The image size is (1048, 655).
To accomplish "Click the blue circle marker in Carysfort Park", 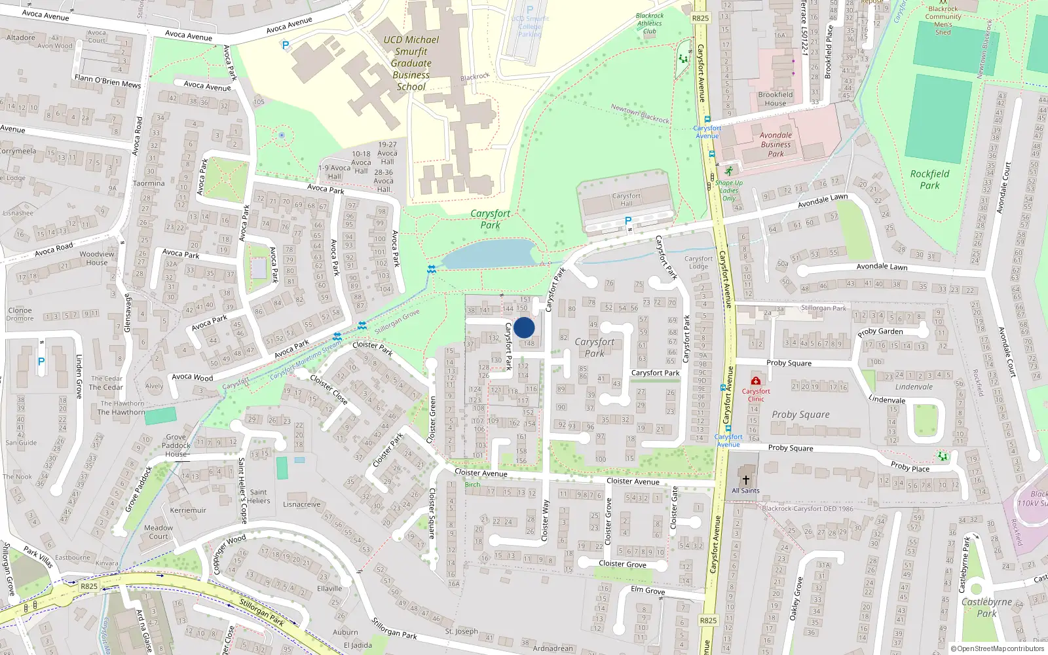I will pos(524,327).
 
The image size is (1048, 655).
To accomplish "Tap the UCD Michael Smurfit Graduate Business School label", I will pos(411,63).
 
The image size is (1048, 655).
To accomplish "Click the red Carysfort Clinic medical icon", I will pos(755,381).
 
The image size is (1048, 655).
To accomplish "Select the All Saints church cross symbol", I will pos(745,480).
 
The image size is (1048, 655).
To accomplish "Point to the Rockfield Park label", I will pos(929,179).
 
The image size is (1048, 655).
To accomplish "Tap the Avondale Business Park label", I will pos(776,145).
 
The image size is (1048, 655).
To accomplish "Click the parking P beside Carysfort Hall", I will pos(627,221).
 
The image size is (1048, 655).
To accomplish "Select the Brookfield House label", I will pos(775,99).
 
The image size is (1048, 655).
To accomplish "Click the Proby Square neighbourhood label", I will pos(800,415).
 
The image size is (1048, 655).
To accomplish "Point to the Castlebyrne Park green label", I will pos(986,608).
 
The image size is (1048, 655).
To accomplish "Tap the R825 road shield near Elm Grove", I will pos(708,620).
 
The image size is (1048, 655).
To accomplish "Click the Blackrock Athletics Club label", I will pos(650,24).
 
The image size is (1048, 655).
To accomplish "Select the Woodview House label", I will pos(97,258).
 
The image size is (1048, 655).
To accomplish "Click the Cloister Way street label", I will pos(545,520).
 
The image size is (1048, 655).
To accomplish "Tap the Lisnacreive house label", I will pos(302,504).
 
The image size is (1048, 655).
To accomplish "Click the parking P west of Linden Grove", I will pos(41,362).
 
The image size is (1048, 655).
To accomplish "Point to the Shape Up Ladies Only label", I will pos(728,190).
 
